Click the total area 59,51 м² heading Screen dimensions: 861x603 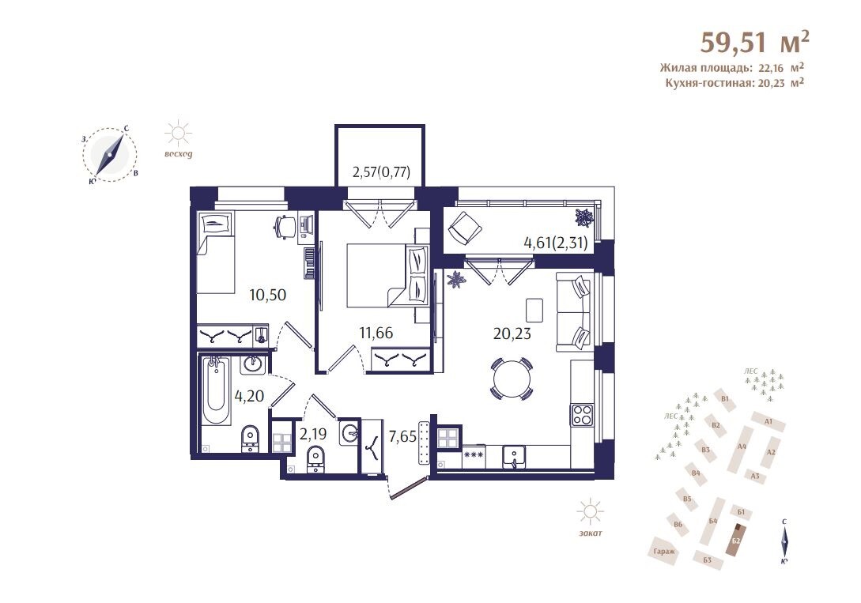[754, 42]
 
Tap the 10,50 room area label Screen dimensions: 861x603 [267, 295]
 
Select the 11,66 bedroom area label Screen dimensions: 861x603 [376, 332]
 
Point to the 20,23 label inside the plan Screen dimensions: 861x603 [512, 333]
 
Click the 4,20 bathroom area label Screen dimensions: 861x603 [250, 395]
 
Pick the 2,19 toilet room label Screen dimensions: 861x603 [313, 433]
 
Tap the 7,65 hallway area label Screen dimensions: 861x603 [402, 437]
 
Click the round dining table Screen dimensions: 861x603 [512, 379]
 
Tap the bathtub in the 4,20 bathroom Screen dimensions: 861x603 [216, 390]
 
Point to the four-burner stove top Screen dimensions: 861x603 [582, 414]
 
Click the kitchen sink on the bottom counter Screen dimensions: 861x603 [514, 456]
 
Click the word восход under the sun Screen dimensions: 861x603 [179, 153]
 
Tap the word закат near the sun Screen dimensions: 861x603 [591, 533]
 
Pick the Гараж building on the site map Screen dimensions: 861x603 [663, 551]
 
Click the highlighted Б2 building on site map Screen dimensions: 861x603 [736, 540]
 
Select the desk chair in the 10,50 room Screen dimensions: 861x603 [285, 227]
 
